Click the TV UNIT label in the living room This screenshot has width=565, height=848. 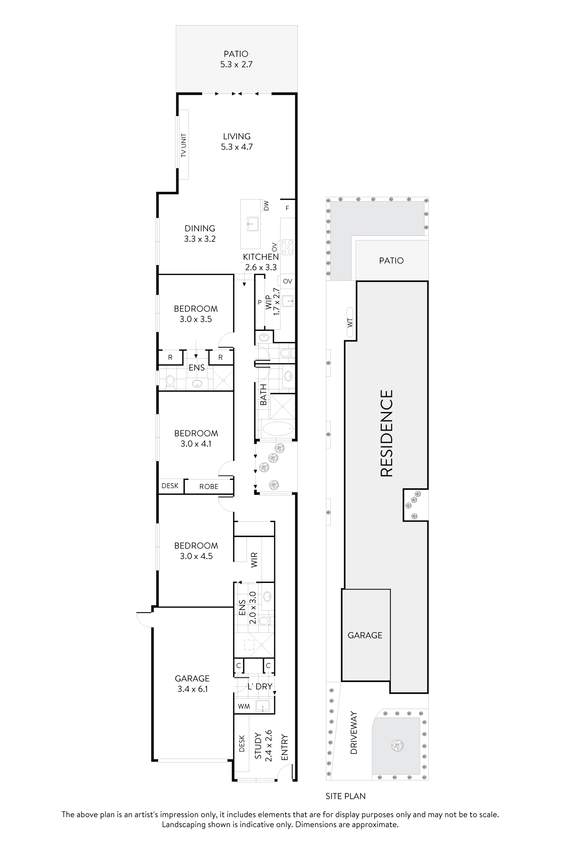coord(184,145)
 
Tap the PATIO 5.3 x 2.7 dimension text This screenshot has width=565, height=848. coord(236,65)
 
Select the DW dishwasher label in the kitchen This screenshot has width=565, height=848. coord(266,206)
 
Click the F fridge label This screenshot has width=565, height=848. coord(287,208)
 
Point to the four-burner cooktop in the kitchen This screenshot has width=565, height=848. coord(287,247)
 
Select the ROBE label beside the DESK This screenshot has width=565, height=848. coord(209,487)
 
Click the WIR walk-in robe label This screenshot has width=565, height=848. coord(254,560)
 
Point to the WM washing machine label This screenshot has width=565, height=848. coord(244,706)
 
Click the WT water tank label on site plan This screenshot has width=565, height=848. coord(350,322)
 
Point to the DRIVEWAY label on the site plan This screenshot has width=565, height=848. coord(354,733)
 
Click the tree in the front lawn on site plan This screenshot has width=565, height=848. coord(397,746)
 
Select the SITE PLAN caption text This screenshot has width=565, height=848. coord(345,796)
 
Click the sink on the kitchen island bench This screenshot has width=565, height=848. coord(252,223)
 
